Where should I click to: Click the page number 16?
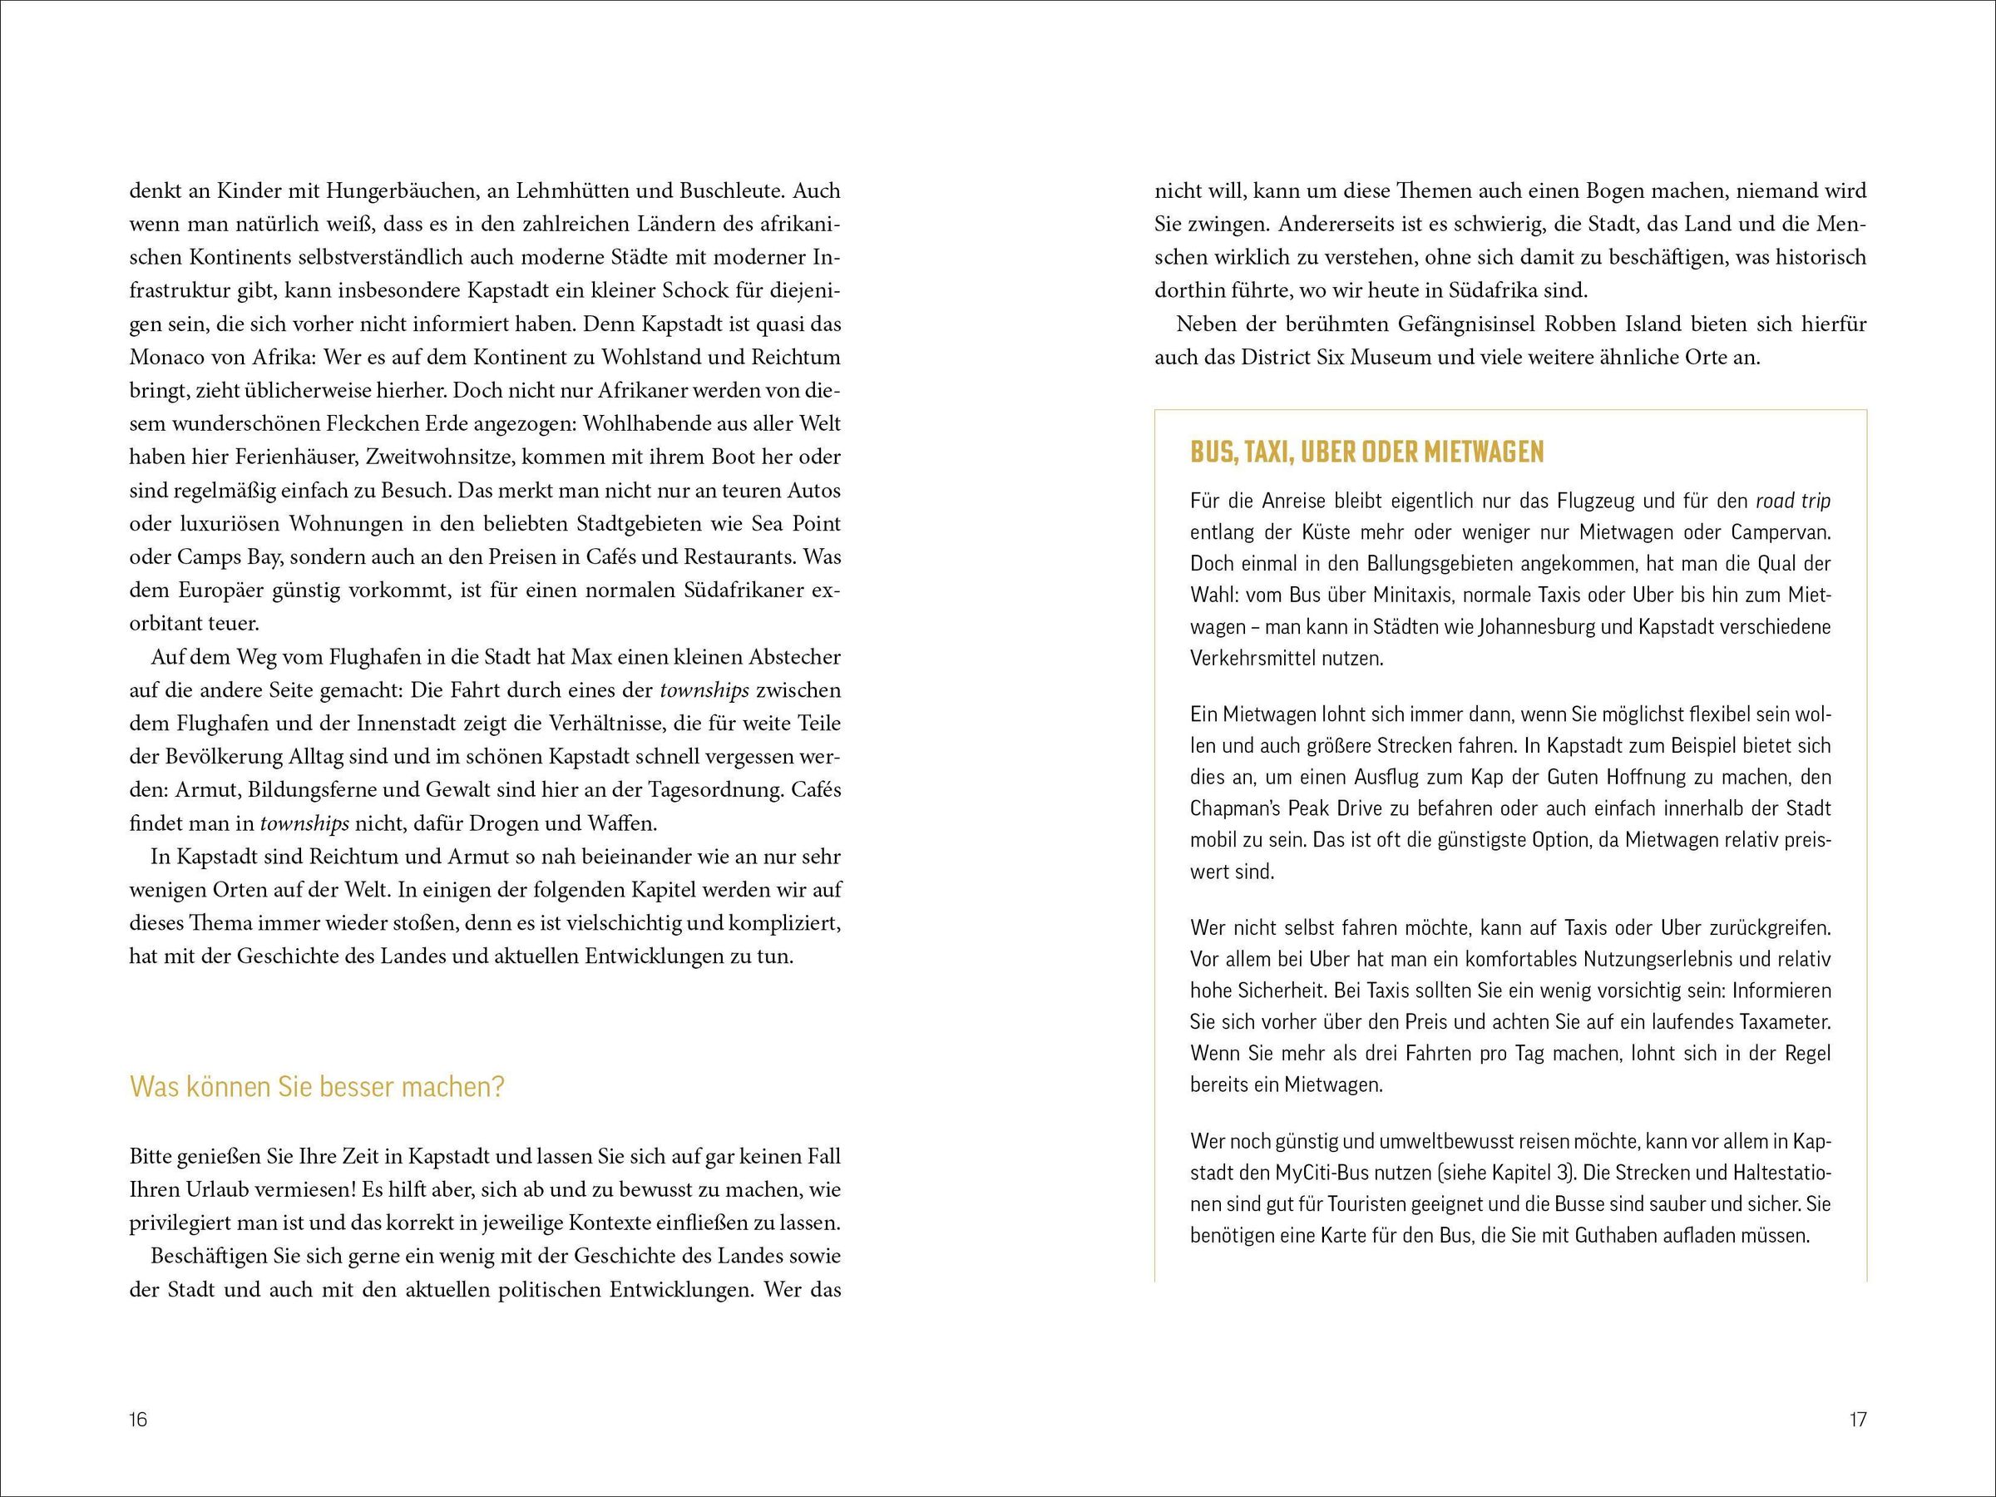(137, 1420)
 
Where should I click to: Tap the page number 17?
(1857, 1420)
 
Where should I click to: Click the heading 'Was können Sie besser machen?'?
(317, 1086)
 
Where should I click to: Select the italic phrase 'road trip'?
(1793, 501)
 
